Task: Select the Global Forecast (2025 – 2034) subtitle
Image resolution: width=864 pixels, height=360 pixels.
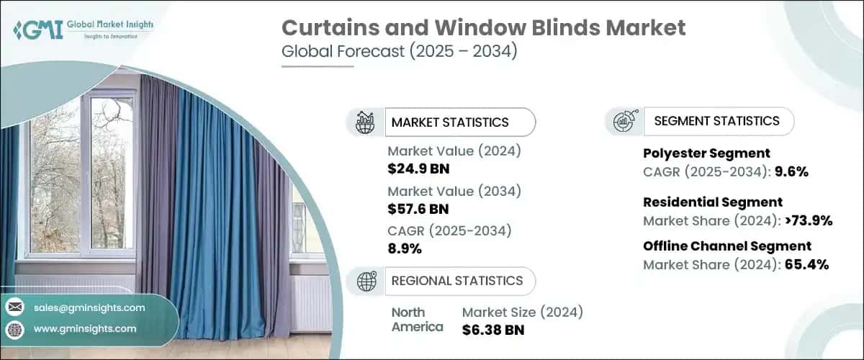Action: [x=399, y=53]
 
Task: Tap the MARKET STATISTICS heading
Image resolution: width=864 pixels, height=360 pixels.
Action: [x=450, y=122]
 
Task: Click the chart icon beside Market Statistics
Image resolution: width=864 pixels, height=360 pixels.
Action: [x=366, y=122]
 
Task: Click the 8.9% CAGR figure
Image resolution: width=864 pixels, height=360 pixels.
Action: [x=405, y=249]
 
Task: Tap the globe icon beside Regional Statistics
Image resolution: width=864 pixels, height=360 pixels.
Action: [x=366, y=281]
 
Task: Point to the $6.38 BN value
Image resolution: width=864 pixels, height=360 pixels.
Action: [x=493, y=330]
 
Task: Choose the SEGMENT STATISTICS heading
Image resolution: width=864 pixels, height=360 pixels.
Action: [x=716, y=121]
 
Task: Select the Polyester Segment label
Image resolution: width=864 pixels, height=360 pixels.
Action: [x=706, y=153]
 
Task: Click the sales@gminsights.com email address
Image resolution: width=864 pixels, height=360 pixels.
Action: [x=89, y=307]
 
